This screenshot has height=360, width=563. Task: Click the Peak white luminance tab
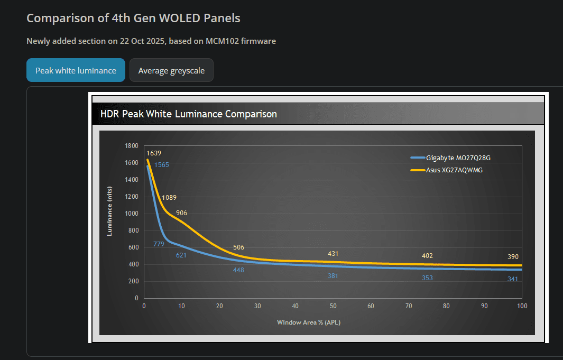tap(76, 70)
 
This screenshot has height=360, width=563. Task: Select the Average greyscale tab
tap(171, 70)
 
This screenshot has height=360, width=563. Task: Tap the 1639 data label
tap(154, 153)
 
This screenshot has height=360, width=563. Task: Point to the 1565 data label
tap(161, 165)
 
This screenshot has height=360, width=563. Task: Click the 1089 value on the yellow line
tap(169, 198)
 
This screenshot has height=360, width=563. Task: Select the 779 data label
tap(159, 244)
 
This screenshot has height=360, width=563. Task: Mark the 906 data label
tap(181, 213)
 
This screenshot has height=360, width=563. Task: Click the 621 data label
tap(181, 255)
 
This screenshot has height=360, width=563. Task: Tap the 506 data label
tap(238, 247)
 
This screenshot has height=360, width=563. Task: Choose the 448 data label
tap(238, 270)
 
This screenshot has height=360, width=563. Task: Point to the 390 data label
tap(513, 256)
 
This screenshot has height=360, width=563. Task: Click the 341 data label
tap(513, 279)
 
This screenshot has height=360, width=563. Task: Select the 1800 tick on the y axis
tap(132, 146)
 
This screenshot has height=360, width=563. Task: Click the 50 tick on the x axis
tap(333, 306)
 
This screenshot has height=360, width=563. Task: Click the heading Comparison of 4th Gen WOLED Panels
tap(133, 18)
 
